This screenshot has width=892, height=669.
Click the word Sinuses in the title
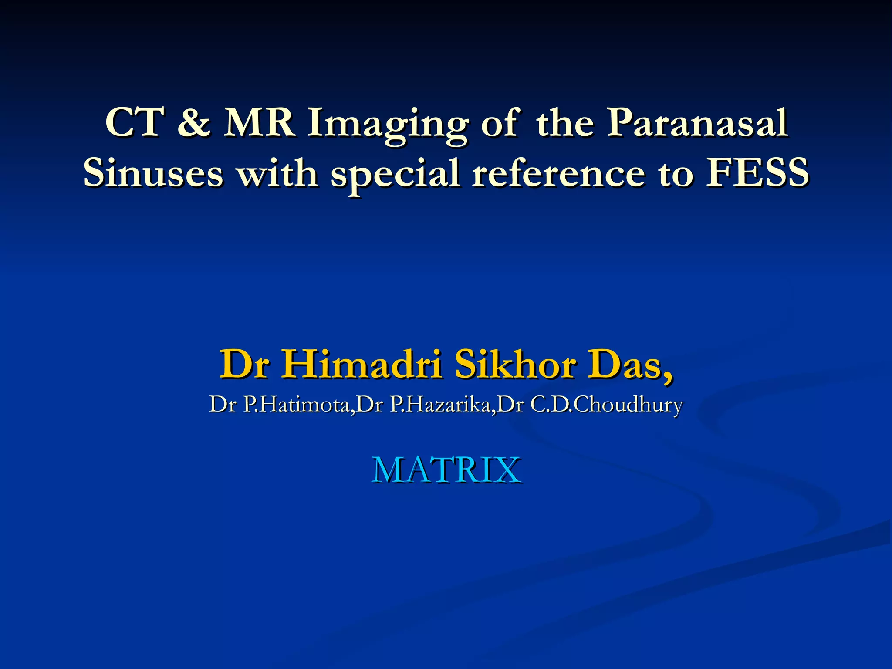tap(153, 173)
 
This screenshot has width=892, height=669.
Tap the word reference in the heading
tap(558, 173)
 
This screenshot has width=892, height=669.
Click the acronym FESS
tap(757, 173)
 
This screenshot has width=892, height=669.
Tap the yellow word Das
tap(629, 365)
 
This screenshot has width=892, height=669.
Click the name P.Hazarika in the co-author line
tap(440, 405)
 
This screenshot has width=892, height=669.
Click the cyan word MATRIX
tap(446, 470)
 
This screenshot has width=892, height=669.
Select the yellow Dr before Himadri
tap(243, 364)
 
